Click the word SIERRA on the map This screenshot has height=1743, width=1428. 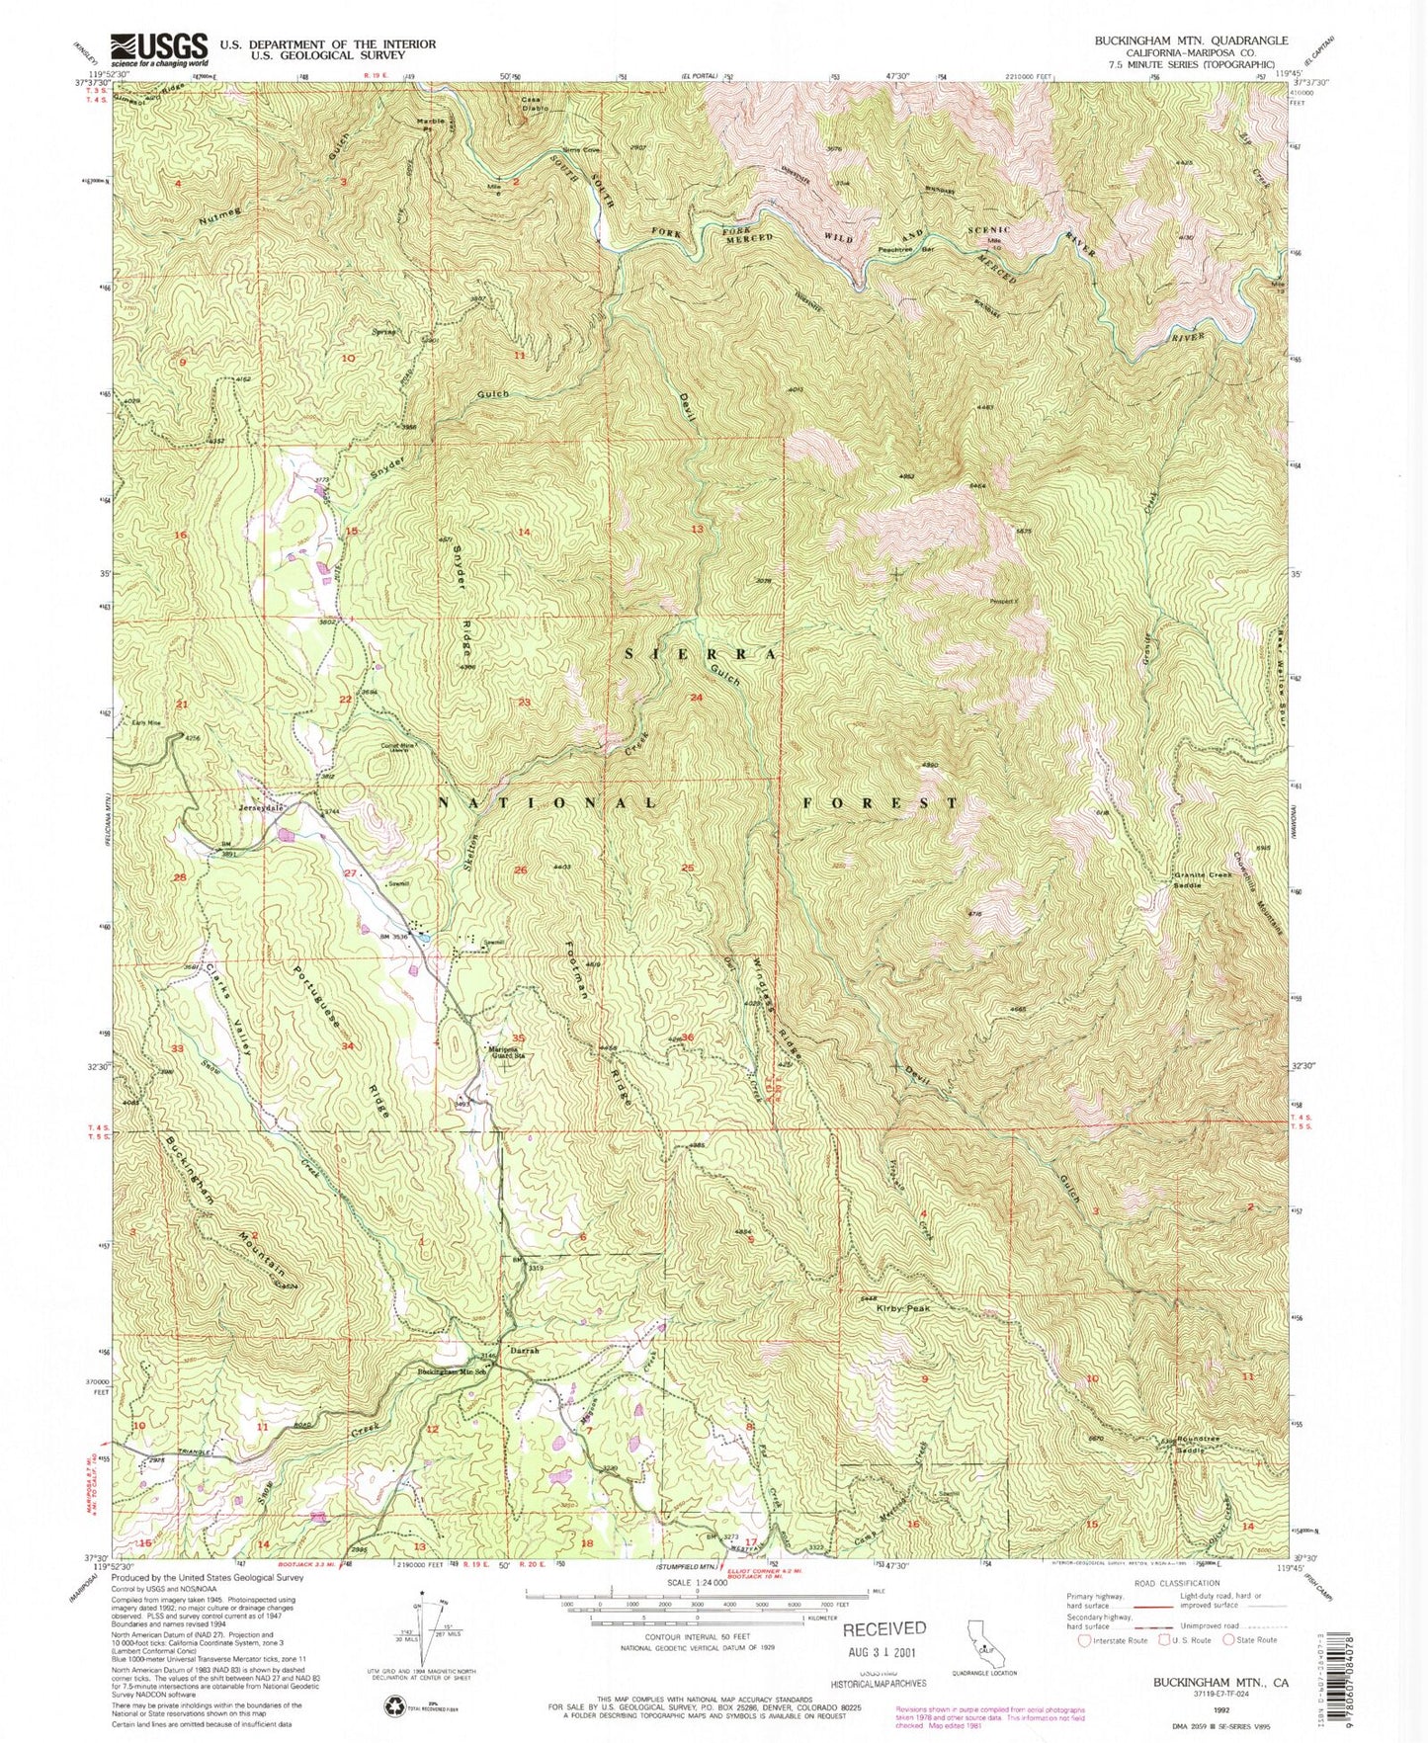(x=703, y=654)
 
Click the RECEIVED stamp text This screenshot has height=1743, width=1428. (x=884, y=1628)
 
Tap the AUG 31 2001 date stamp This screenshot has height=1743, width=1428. (x=885, y=1651)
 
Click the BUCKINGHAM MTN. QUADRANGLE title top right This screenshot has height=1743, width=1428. (x=1190, y=41)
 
